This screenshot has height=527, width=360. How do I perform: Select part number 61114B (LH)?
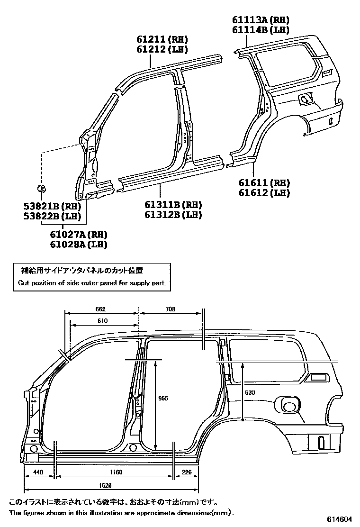coord(261,30)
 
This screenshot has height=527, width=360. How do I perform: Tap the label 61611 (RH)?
coord(264,183)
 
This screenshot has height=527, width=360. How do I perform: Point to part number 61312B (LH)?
coord(173,215)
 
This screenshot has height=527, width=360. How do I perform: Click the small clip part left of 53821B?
coord(41,189)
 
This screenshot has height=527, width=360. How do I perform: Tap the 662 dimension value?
coord(100,309)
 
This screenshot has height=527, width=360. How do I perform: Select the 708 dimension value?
coord(171,309)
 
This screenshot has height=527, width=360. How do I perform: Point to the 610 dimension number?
coord(103,321)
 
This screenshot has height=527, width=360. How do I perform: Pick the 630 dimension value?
coord(250,392)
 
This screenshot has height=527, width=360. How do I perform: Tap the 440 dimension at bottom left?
coord(39,472)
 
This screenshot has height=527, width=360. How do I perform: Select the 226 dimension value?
coord(187,472)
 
